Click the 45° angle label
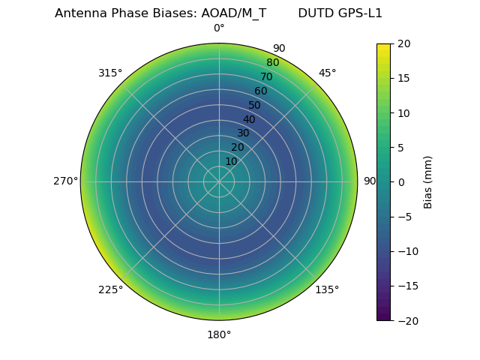pos(327,73)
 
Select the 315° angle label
pos(110,73)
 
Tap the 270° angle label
pos(65,181)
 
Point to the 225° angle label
pos(110,290)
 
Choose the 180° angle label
pos(219,334)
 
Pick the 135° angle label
pos(327,290)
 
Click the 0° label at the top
pos(219,28)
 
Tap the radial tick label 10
pos(231,161)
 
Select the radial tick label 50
pos(254,105)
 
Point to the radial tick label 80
pos(272,62)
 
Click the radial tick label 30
pos(243,133)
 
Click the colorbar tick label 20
pos(403,44)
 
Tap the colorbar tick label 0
pos(400,182)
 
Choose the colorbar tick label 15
pos(403,79)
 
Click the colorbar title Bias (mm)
pos(428,182)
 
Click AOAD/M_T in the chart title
pos(233,13)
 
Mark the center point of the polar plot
pos(219,181)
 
